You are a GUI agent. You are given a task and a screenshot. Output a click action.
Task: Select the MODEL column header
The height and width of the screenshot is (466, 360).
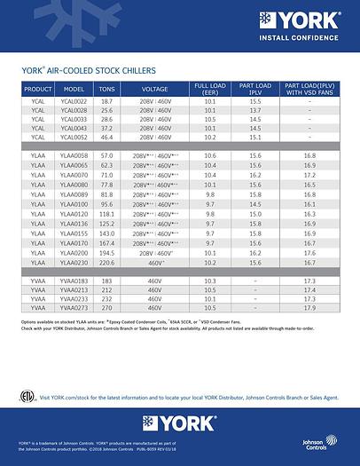[x=74, y=89]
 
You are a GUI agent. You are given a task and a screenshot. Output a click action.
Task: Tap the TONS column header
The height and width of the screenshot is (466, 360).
[x=107, y=89]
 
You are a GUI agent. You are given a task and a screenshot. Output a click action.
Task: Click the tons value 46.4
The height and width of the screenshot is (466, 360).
[x=107, y=138]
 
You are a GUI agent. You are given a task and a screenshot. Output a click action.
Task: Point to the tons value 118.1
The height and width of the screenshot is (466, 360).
[x=107, y=214]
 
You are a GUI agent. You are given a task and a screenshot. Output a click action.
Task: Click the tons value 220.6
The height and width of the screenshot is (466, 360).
[x=107, y=264]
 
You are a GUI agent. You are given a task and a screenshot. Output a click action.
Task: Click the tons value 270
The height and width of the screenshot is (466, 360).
[x=107, y=307]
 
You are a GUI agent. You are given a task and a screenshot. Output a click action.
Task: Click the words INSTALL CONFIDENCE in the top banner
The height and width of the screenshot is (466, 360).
[x=307, y=38]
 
